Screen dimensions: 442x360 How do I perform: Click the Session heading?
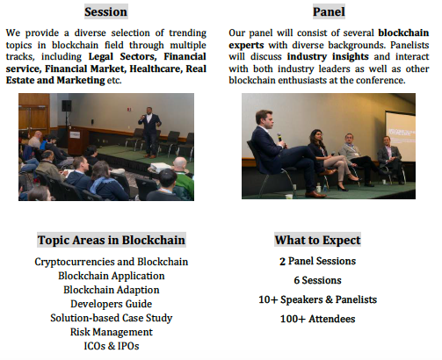106,11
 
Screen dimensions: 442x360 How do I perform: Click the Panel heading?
329,11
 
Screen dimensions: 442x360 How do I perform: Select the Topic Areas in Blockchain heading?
112,240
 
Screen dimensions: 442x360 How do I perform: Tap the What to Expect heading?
317,240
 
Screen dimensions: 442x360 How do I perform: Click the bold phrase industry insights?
328,56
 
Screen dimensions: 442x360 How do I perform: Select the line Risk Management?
112,332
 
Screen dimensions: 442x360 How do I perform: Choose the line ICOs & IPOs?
112,346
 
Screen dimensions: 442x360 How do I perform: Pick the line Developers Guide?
112,304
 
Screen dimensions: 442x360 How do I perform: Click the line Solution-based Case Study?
112,318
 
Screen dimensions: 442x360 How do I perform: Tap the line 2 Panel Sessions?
317,261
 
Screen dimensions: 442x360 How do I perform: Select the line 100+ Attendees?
317,319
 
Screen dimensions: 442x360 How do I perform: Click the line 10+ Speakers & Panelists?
317,299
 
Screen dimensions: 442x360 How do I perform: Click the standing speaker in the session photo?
149,132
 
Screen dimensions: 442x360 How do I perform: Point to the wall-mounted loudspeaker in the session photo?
67,105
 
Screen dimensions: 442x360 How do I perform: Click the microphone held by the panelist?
280,139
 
